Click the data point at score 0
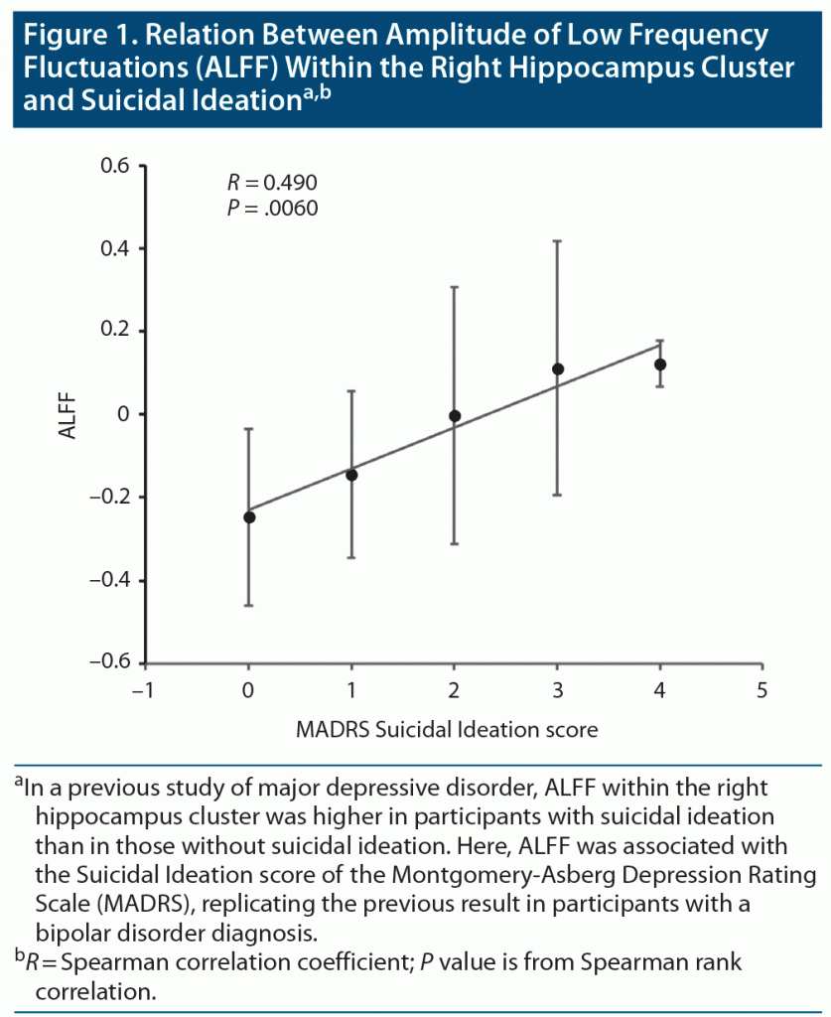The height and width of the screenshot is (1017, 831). click(x=249, y=516)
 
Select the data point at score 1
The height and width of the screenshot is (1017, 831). click(x=351, y=475)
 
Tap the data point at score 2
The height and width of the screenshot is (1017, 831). click(x=455, y=416)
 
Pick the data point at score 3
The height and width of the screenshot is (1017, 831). click(x=558, y=369)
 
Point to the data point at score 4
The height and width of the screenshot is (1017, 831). click(x=660, y=364)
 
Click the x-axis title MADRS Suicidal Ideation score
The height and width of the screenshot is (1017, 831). click(x=447, y=730)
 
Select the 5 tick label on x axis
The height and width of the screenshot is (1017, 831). click(x=762, y=688)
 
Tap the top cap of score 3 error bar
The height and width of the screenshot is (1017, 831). click(x=558, y=240)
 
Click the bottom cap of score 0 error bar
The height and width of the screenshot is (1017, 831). click(x=249, y=605)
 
